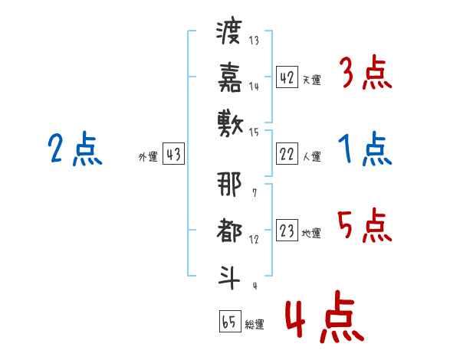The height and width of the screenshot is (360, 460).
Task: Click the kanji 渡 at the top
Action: click(228, 33)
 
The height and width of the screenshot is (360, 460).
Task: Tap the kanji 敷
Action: click(228, 121)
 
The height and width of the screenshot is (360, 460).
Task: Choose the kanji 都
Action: click(228, 229)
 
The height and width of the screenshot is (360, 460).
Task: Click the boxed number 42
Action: click(287, 77)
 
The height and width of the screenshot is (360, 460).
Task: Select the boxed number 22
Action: click(287, 155)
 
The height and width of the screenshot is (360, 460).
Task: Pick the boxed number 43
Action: click(173, 155)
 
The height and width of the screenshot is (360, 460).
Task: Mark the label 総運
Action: click(254, 324)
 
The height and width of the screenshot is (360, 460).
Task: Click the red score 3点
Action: click(365, 74)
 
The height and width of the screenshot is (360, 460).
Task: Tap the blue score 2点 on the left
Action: click(74, 149)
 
